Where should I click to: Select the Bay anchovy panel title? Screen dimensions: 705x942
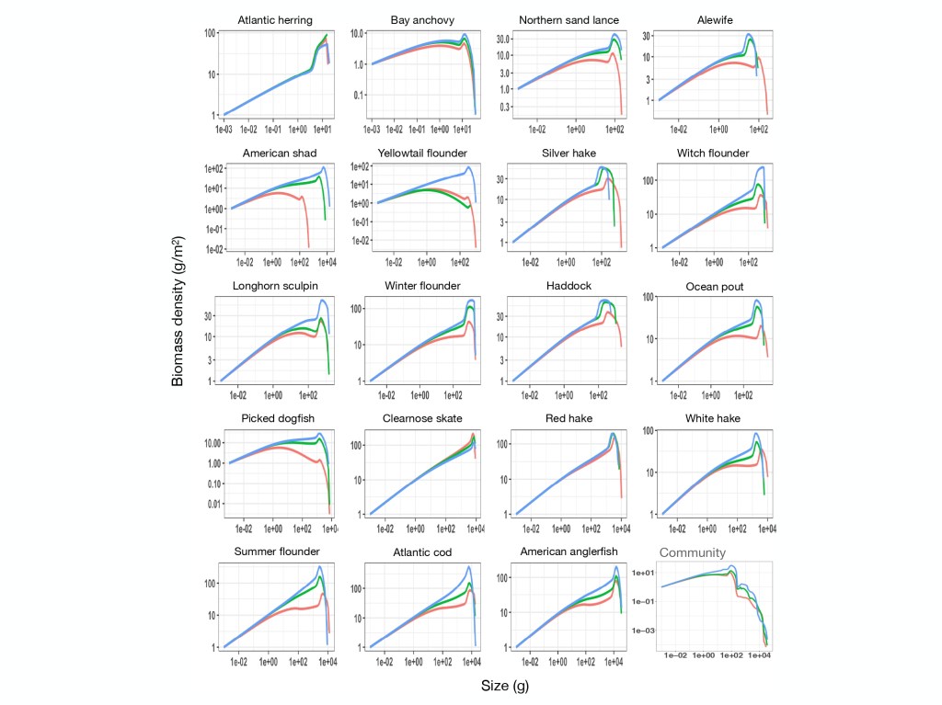tap(422, 20)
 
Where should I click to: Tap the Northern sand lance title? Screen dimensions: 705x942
tap(569, 20)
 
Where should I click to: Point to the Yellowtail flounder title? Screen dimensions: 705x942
tap(422, 153)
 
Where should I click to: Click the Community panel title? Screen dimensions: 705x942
tap(693, 552)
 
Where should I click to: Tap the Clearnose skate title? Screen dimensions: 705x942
tap(422, 419)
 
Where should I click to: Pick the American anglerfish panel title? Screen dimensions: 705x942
tap(569, 551)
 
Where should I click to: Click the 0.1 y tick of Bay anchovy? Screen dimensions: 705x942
tap(359, 95)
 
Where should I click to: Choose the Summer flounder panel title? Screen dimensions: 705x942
tap(277, 551)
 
